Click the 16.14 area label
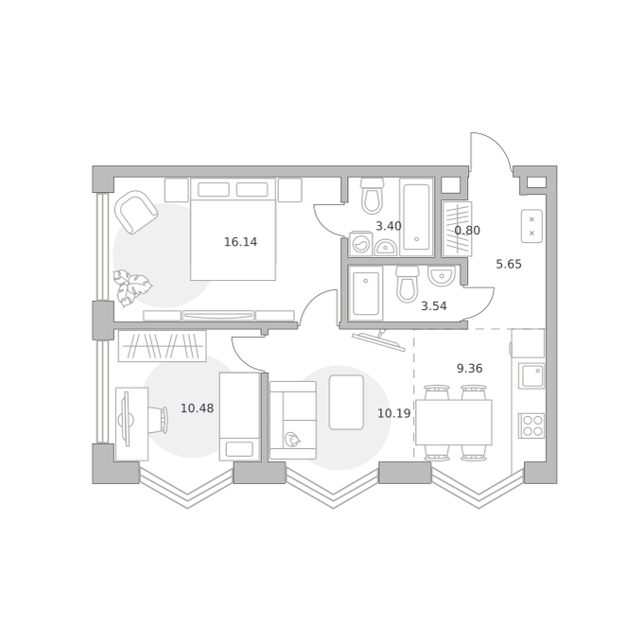[x=241, y=242]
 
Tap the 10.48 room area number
[x=198, y=408]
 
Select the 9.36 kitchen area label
[x=470, y=368]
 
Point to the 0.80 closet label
[x=467, y=231]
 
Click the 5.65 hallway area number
[x=509, y=264]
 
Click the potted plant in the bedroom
[x=132, y=287]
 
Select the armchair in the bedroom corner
[x=136, y=212]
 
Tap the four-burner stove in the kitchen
[x=531, y=425]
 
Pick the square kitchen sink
[x=531, y=375]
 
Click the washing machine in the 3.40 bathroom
[x=360, y=244]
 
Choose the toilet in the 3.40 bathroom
[x=372, y=196]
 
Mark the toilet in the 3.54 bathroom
[x=408, y=284]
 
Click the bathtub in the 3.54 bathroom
[x=365, y=293]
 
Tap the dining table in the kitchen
[x=454, y=423]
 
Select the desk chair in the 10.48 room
[x=158, y=420]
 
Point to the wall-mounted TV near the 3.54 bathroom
[x=378, y=340]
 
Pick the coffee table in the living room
[x=346, y=402]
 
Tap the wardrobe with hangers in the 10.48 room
[x=163, y=346]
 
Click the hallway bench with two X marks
[x=531, y=226]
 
